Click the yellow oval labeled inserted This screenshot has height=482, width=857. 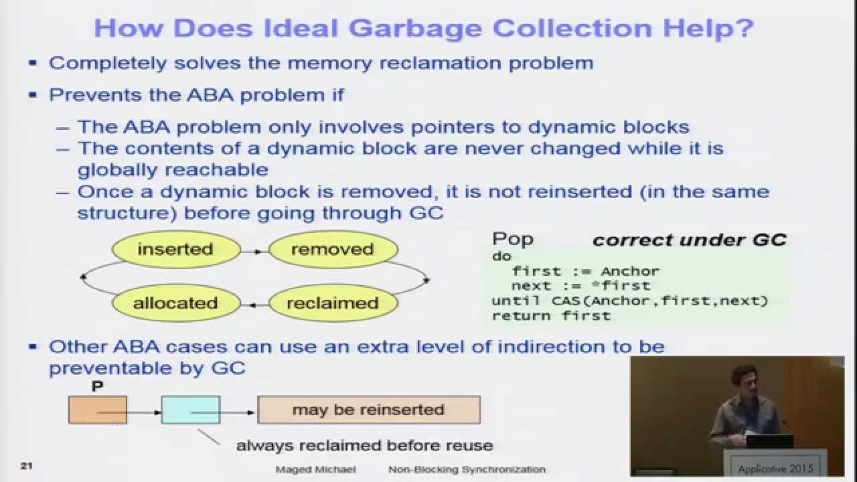pyautogui.click(x=175, y=250)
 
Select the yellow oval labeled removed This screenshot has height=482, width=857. pyautogui.click(x=333, y=250)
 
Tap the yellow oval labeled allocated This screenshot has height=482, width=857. pyautogui.click(x=175, y=303)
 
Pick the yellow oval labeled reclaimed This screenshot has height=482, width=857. pyautogui.click(x=333, y=303)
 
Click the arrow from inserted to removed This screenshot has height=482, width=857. pyautogui.click(x=254, y=251)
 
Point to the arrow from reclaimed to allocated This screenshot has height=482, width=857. pyautogui.click(x=254, y=305)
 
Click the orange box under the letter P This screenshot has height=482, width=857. pyautogui.click(x=98, y=410)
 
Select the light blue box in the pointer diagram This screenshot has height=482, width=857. pyautogui.click(x=190, y=410)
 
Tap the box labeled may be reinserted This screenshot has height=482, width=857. pyautogui.click(x=368, y=410)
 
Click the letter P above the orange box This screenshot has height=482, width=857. pyautogui.click(x=98, y=387)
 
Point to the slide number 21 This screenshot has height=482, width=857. pyautogui.click(x=27, y=466)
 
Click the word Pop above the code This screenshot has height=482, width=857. pyautogui.click(x=513, y=239)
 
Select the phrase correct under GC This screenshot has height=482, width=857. pyautogui.click(x=689, y=240)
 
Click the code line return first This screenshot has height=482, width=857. pyautogui.click(x=551, y=315)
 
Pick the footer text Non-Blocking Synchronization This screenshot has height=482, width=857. pyautogui.click(x=467, y=469)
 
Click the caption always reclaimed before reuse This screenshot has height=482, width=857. pyautogui.click(x=364, y=445)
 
